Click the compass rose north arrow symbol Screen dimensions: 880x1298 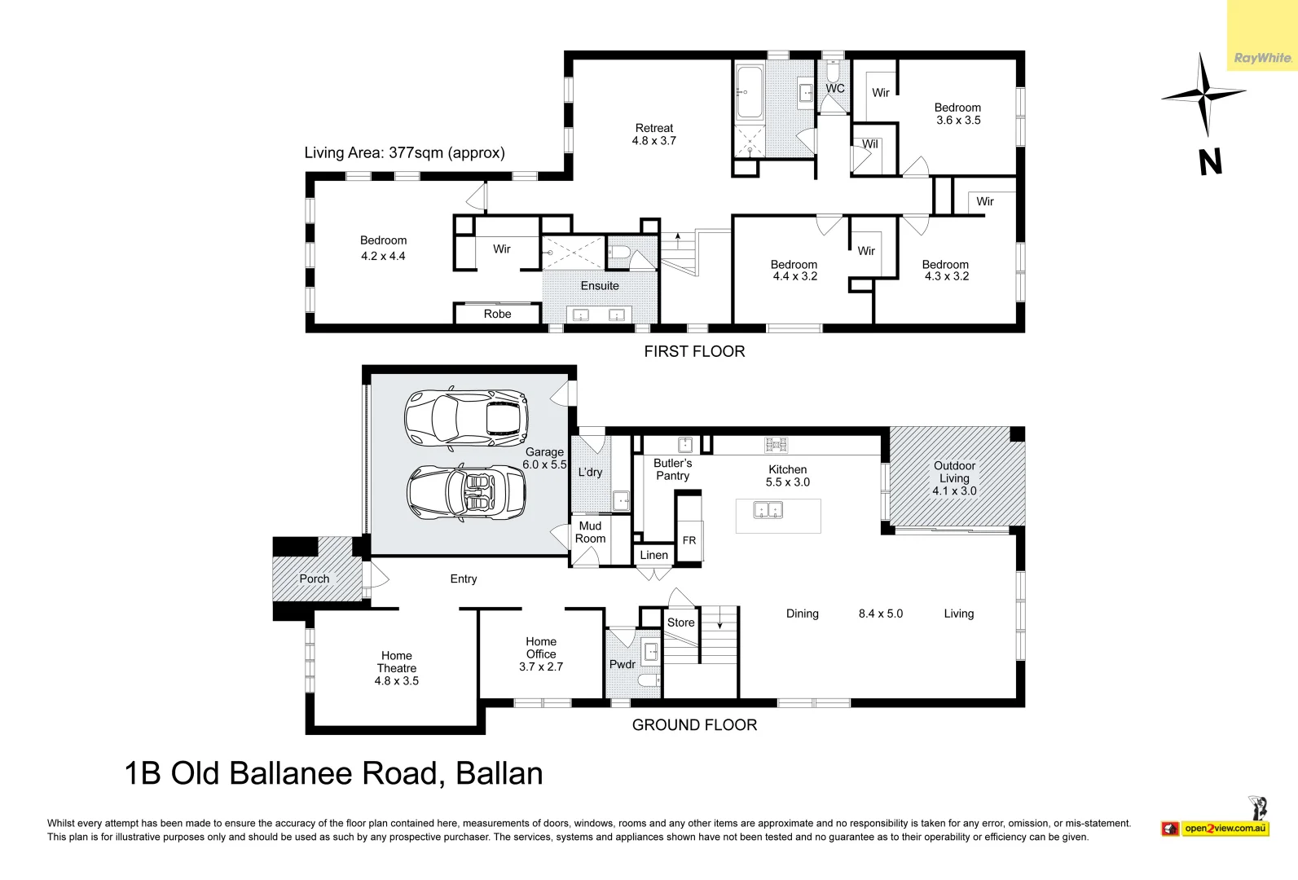point(1203,95)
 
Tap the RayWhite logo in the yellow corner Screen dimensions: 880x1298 point(1262,58)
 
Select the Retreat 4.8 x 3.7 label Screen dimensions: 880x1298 point(654,134)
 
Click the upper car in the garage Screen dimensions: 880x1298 point(467,418)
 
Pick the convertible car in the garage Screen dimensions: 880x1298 point(466,492)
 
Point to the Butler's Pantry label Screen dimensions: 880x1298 point(672,469)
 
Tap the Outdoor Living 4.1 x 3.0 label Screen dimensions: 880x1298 point(954,478)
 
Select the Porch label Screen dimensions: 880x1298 point(315,579)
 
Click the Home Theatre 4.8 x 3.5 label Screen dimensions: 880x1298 point(397,668)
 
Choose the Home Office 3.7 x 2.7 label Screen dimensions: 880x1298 point(541,654)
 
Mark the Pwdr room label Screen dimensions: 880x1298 point(623,664)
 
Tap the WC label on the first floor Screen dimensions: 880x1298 point(835,89)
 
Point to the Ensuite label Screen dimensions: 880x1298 point(600,286)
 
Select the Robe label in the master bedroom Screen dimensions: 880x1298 point(497,314)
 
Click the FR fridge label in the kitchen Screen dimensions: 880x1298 point(689,540)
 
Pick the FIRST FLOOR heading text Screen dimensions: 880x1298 point(694,351)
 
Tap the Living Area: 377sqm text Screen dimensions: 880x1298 point(404,152)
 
